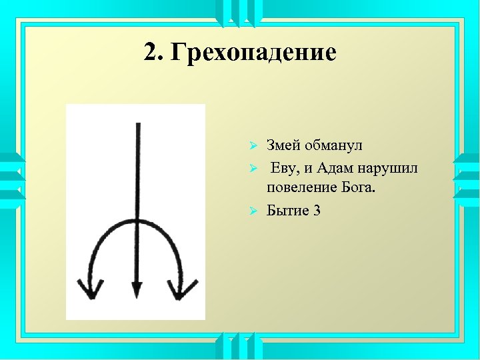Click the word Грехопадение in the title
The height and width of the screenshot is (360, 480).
tap(253, 53)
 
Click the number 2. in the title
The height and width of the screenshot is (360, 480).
tap(154, 52)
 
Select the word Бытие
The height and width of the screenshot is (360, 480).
tap(287, 211)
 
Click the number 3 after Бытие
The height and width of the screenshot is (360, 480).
tap(317, 211)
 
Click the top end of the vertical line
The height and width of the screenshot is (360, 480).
tap(137, 124)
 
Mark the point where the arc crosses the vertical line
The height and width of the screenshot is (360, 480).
tap(137, 220)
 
